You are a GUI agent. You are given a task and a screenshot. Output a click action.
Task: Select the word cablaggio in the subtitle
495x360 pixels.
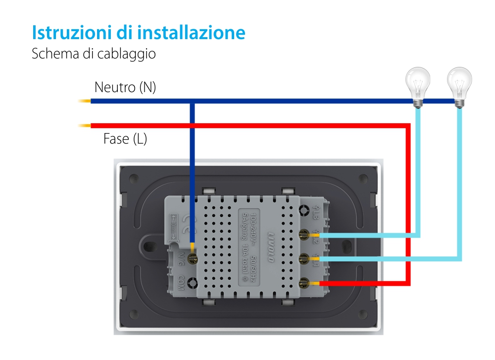[x=129, y=53]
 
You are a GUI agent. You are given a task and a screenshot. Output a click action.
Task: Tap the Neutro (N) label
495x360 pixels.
[x=125, y=88]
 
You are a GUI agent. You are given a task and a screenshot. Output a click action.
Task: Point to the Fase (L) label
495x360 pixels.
[x=125, y=139]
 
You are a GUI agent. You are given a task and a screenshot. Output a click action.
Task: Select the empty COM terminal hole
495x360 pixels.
[x=193, y=283]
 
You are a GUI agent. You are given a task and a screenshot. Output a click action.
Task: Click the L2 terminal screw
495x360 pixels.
[x=303, y=235]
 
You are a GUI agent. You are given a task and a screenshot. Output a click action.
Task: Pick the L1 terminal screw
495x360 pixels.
[x=303, y=258]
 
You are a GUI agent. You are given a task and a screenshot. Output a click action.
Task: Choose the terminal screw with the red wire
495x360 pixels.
[x=303, y=283]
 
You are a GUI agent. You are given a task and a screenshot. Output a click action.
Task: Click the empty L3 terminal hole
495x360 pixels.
[x=303, y=210]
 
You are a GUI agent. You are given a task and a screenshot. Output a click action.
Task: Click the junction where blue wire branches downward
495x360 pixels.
[x=192, y=102]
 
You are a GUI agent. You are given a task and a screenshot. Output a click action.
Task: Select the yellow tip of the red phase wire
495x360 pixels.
[x=84, y=125]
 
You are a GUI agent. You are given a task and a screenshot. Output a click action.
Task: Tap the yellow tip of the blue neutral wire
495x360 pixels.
[x=84, y=102]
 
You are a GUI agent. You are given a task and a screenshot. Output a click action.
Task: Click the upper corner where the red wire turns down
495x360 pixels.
[x=408, y=126]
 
